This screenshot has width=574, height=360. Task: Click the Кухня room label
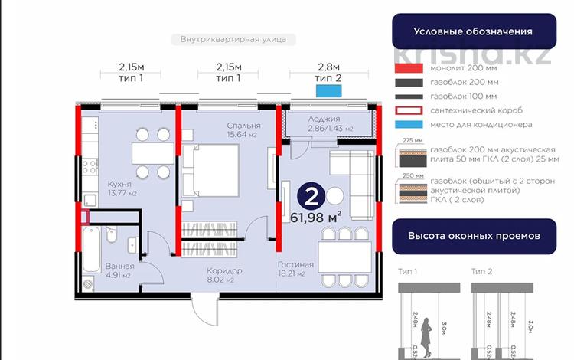click(x=97, y=185)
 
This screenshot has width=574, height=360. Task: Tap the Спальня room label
click(x=243, y=126)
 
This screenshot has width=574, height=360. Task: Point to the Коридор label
click(x=224, y=271)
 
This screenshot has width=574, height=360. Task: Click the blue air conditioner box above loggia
click(x=328, y=91)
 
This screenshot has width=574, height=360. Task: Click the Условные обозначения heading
click(x=472, y=32)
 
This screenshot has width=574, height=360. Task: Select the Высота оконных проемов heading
click(x=472, y=236)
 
